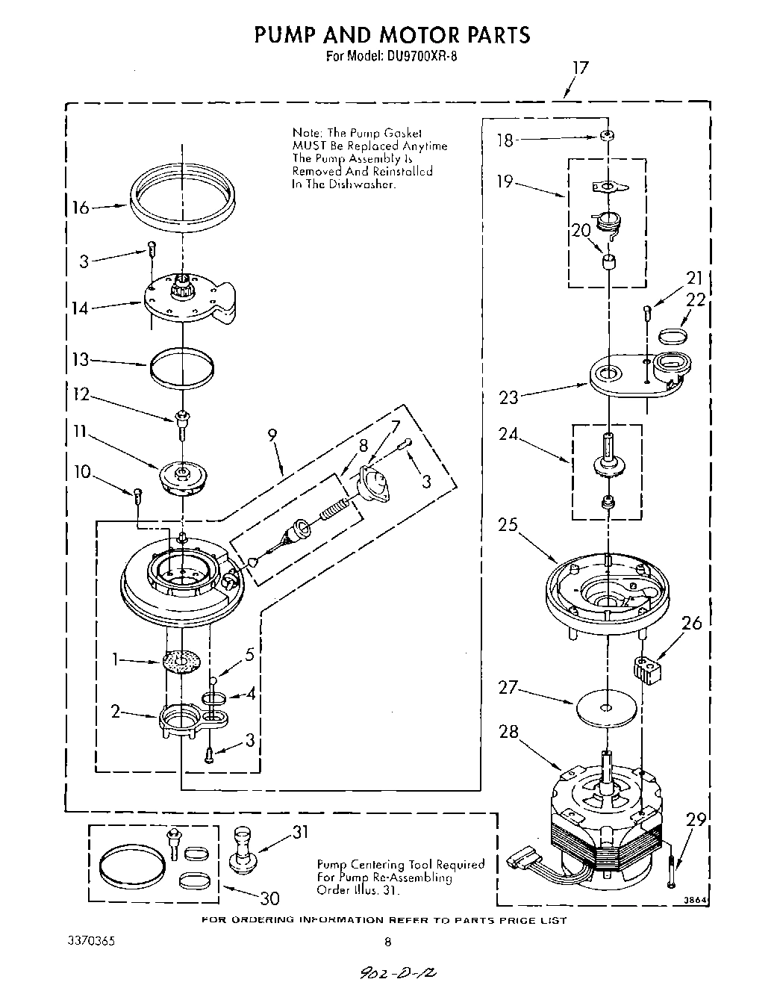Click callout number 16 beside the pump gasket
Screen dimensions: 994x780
point(79,208)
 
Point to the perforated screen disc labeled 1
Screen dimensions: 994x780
point(181,662)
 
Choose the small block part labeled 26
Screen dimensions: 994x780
point(648,667)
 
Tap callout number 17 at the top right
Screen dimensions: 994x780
point(580,69)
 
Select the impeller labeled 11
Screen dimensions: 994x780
point(182,477)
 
